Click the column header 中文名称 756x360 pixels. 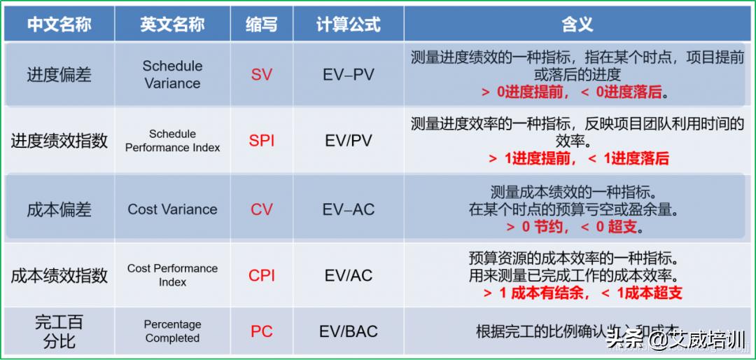point(59,25)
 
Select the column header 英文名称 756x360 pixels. point(172,25)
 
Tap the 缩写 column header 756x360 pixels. point(261,25)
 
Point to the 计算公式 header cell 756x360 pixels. point(348,25)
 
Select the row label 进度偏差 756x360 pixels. point(59,74)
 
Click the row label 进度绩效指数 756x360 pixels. point(59,141)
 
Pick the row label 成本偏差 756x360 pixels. point(59,209)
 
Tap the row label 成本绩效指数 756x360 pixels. point(59,275)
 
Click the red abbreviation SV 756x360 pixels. point(261,74)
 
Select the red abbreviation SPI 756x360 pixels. point(261,141)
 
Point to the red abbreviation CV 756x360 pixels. point(261,209)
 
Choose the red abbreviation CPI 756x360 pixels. point(261,275)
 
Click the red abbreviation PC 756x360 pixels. point(261,331)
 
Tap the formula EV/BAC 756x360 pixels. point(348,331)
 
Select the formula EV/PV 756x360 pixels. point(348,141)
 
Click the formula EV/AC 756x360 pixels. point(348,275)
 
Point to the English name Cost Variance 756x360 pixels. point(172,209)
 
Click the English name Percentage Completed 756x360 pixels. point(172,331)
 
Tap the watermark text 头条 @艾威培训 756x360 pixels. point(675,341)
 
